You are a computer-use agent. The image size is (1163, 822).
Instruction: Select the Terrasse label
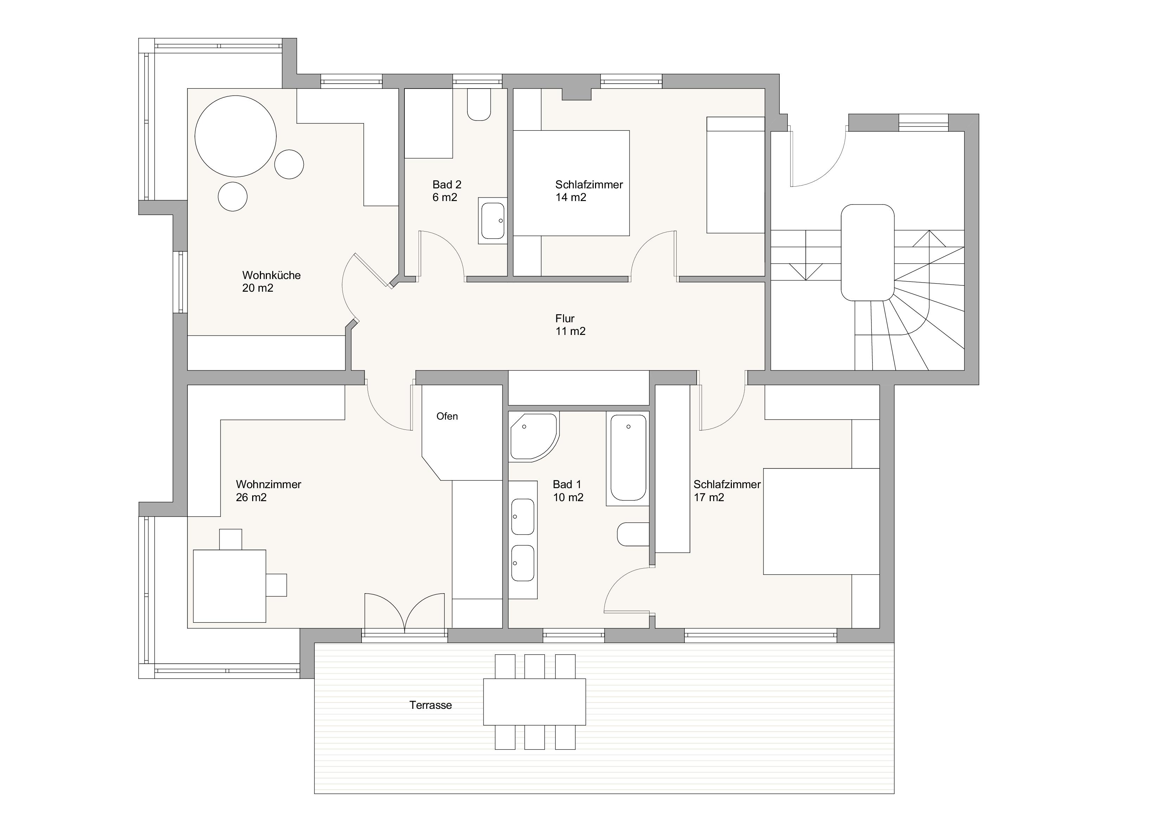[x=430, y=705]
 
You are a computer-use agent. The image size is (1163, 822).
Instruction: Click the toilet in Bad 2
[x=479, y=105]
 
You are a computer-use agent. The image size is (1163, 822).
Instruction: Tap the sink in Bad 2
[x=493, y=221]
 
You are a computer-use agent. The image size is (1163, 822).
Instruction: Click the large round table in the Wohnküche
[x=236, y=137]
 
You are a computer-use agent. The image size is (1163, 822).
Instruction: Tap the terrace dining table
[x=535, y=702]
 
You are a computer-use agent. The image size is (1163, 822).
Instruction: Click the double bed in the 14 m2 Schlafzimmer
[x=571, y=183]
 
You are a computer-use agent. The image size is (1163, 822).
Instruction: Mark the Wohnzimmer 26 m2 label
[x=268, y=491]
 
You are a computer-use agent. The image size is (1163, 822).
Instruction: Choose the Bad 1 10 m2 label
[x=568, y=491]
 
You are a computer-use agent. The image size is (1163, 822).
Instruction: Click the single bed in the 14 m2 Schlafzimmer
[x=735, y=175]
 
